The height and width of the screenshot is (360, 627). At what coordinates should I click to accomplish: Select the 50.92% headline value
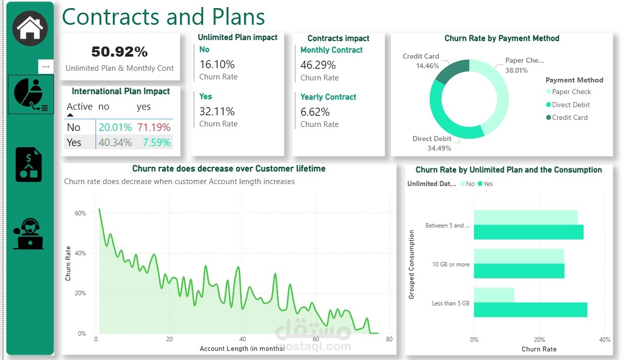(x=119, y=52)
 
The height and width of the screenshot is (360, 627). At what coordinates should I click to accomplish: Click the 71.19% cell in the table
(x=154, y=127)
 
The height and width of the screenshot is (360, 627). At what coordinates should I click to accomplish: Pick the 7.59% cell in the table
(x=156, y=143)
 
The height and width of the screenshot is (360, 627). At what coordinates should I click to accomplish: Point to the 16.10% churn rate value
(x=217, y=64)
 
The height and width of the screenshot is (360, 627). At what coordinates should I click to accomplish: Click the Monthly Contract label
(x=331, y=50)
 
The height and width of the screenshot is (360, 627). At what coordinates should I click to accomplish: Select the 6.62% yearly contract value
(x=315, y=112)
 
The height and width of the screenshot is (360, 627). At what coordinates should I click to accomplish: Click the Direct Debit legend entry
(x=571, y=105)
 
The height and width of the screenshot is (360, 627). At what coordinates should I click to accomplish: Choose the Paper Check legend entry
(x=571, y=92)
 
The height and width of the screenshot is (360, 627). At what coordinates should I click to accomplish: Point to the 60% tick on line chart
(x=80, y=213)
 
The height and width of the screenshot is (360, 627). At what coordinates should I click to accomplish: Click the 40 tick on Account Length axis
(x=243, y=339)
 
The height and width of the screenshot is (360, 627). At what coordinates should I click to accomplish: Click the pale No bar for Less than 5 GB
(x=494, y=295)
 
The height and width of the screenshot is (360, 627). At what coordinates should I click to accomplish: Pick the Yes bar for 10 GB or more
(x=519, y=271)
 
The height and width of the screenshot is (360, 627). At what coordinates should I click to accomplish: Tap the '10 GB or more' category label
(x=451, y=264)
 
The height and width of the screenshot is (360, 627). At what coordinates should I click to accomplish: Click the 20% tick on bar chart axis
(x=540, y=340)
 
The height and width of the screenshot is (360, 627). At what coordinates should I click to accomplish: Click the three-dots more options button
(x=46, y=67)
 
